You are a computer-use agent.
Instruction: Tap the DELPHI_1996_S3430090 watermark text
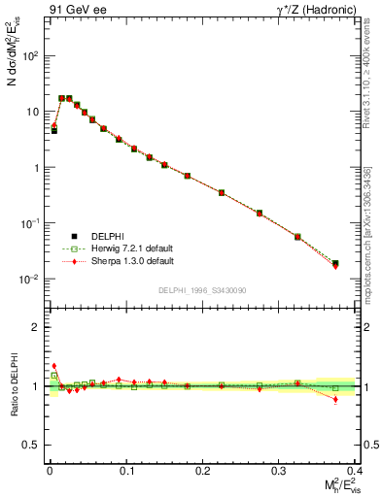coord(195,290)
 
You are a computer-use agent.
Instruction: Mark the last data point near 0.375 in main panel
coord(335,263)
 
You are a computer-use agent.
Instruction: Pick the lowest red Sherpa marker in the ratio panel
coord(335,399)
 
